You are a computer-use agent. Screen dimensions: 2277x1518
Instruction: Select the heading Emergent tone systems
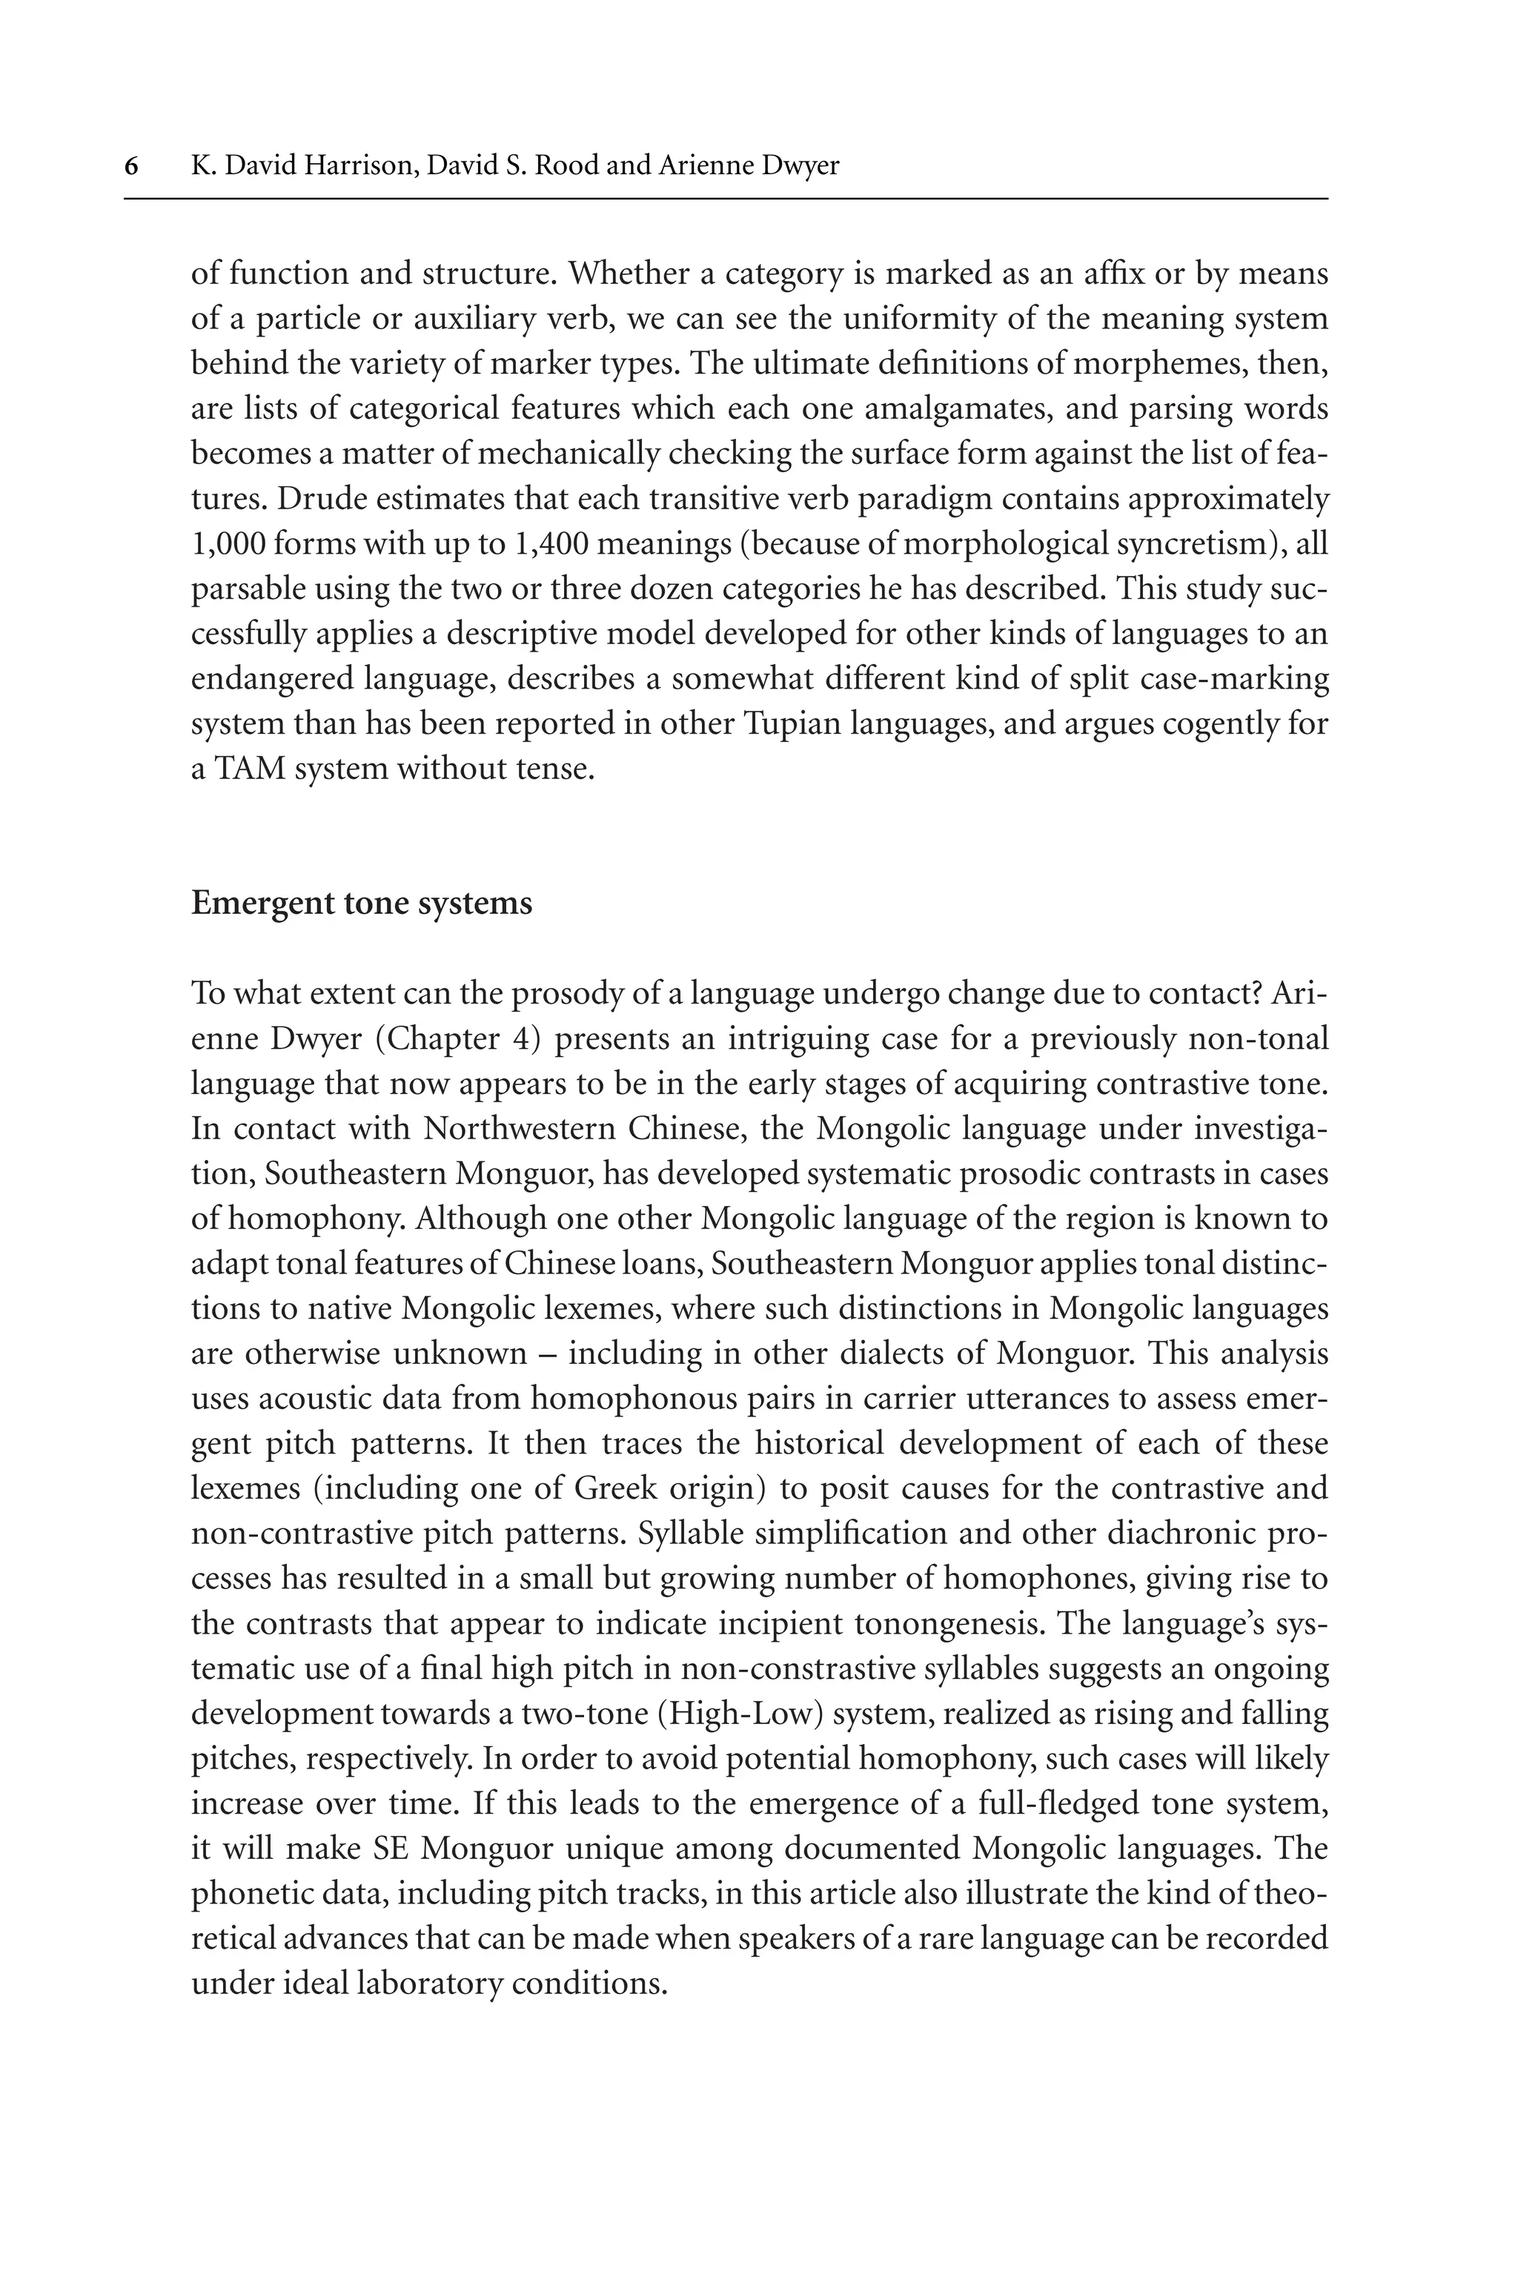click(361, 902)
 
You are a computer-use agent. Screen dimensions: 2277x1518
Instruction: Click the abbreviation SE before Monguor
click(394, 1848)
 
